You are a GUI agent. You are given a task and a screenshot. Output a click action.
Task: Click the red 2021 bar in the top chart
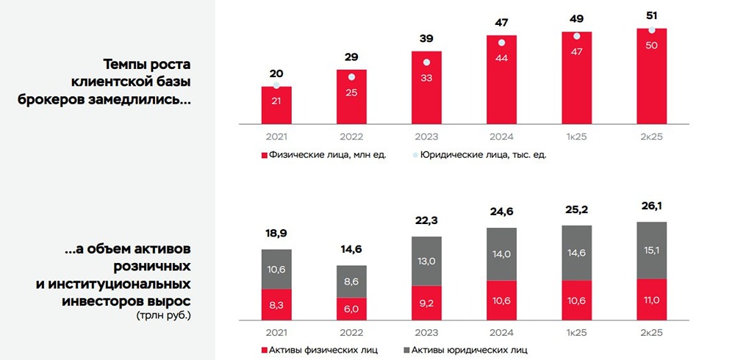tap(276, 106)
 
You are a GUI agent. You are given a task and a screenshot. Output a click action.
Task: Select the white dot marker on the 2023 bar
tap(426, 63)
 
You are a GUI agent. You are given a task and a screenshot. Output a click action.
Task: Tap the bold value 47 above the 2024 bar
tap(501, 22)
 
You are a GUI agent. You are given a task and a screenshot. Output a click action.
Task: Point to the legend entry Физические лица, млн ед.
tap(323, 155)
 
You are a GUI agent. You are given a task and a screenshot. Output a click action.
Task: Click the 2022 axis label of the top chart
tap(351, 137)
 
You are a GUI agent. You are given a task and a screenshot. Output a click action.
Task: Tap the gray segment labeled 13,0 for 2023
tap(426, 261)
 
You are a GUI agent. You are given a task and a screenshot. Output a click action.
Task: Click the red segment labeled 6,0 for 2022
tap(351, 309)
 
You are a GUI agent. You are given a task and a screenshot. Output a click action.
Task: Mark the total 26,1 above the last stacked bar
tap(651, 206)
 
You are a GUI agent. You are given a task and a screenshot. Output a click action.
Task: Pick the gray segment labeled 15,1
tap(651, 251)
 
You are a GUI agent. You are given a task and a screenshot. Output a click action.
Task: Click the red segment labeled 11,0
tap(651, 300)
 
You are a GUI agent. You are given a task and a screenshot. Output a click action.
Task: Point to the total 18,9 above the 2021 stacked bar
tap(276, 234)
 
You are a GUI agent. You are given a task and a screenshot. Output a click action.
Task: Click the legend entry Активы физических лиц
tap(315, 350)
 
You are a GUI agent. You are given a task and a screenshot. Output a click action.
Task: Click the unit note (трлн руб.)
tap(163, 315)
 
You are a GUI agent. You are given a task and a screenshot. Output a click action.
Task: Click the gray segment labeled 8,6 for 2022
tap(351, 281)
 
